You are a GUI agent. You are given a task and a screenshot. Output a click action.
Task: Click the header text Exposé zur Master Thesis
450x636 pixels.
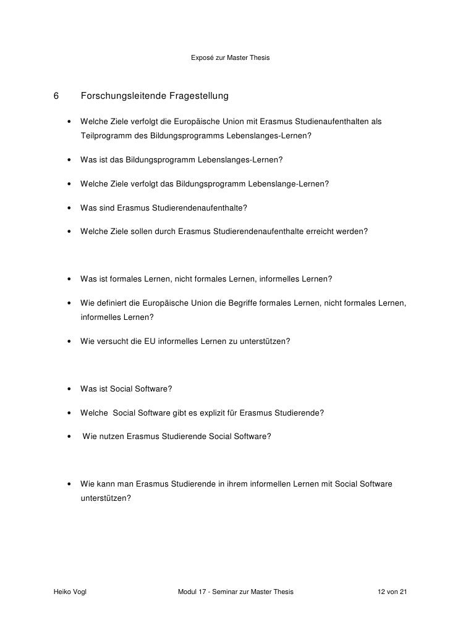[x=231, y=59]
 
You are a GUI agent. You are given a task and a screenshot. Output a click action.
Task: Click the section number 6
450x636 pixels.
[x=56, y=96]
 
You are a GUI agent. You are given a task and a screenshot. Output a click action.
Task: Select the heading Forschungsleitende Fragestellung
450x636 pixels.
[x=155, y=96]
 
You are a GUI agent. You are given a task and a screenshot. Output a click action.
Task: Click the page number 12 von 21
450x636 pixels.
[x=393, y=592]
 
